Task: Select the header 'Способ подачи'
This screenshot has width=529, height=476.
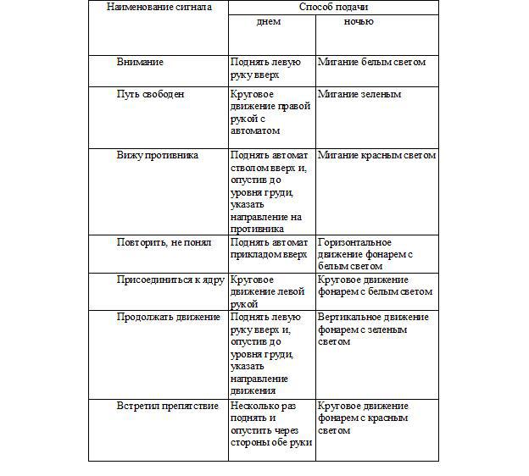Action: tap(333, 7)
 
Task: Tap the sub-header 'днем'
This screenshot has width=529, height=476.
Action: tap(269, 22)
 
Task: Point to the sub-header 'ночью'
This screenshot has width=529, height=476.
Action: tap(359, 22)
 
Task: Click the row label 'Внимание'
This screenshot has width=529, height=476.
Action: tap(140, 63)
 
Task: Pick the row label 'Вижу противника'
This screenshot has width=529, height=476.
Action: tap(158, 156)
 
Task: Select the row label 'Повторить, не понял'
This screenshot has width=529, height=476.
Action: tap(165, 242)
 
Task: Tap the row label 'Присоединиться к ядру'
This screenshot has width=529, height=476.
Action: tap(170, 280)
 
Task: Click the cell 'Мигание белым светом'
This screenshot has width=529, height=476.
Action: tap(371, 63)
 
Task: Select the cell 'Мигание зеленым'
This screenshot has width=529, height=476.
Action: tap(359, 95)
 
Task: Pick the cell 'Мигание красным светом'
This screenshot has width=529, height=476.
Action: tap(376, 156)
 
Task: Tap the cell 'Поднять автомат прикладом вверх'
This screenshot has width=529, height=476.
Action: tap(269, 248)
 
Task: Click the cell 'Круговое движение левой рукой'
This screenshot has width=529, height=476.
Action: tap(264, 291)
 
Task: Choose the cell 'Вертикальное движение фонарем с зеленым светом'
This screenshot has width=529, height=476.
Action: tap(373, 329)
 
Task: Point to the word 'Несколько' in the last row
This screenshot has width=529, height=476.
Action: tap(258, 407)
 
